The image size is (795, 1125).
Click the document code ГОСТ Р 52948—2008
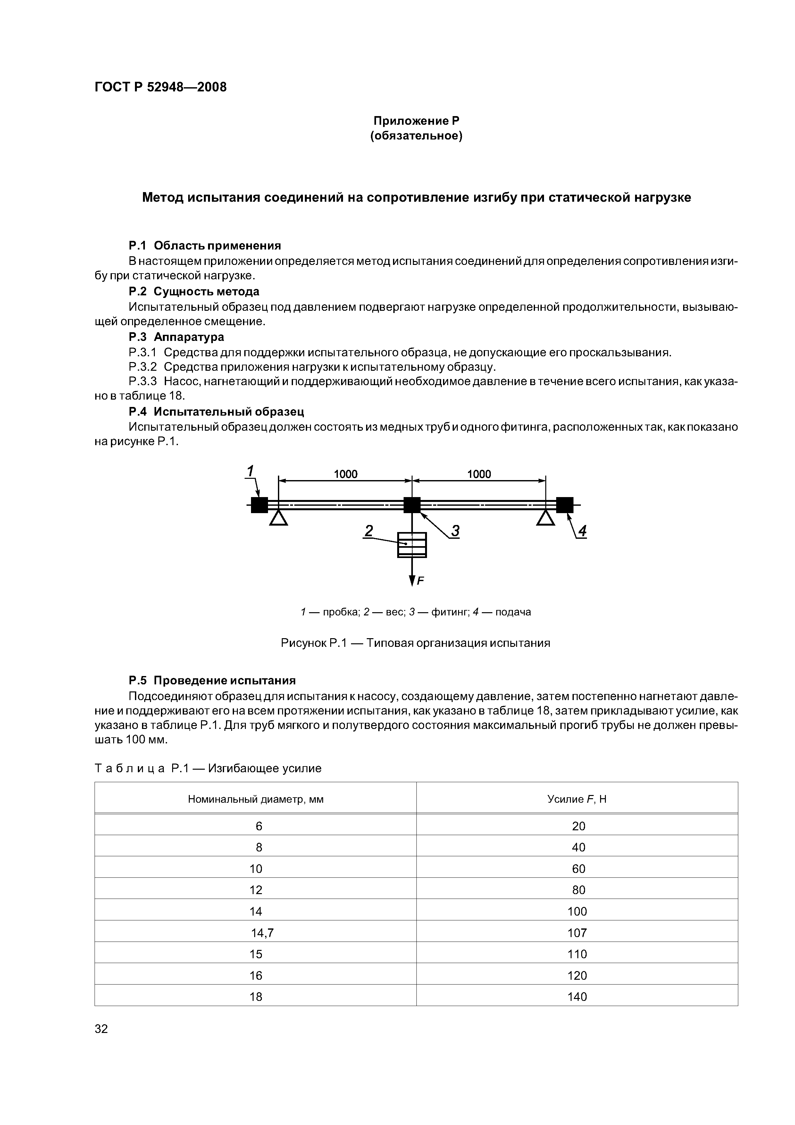tap(160, 87)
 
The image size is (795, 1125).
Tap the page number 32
tap(101, 1028)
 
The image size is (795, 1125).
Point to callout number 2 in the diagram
tap(369, 531)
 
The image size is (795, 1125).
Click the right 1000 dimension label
tap(479, 474)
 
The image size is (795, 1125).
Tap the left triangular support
tap(279, 518)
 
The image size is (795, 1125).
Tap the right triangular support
tap(546, 518)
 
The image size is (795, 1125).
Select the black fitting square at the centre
tap(412, 505)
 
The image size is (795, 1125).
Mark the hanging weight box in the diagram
tap(412, 545)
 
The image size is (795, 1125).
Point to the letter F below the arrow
tap(420, 581)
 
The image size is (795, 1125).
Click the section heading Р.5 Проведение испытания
tap(212, 680)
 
